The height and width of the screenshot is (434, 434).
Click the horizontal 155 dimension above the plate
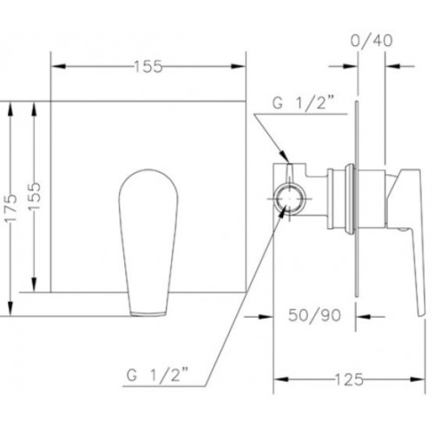click(148, 66)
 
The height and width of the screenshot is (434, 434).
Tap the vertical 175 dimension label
click(11, 207)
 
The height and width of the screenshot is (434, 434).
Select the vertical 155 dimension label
click(35, 196)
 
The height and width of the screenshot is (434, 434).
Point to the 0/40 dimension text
click(371, 40)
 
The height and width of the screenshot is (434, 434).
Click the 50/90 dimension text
click(314, 315)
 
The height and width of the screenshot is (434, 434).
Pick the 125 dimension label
click(349, 379)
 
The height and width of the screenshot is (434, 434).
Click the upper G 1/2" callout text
click(303, 103)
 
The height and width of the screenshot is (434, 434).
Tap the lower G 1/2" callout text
click(157, 375)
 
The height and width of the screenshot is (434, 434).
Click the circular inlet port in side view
click(289, 199)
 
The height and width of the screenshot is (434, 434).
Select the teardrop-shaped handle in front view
click(148, 243)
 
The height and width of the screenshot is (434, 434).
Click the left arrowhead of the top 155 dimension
click(59, 66)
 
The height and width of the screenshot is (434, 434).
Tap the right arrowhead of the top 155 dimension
click(238, 66)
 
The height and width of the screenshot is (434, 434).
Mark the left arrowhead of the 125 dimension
click(281, 379)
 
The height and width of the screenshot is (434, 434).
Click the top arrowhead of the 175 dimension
click(10, 109)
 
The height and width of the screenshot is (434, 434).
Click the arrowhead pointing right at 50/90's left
click(266, 317)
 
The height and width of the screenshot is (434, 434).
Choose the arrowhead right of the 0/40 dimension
click(393, 66)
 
